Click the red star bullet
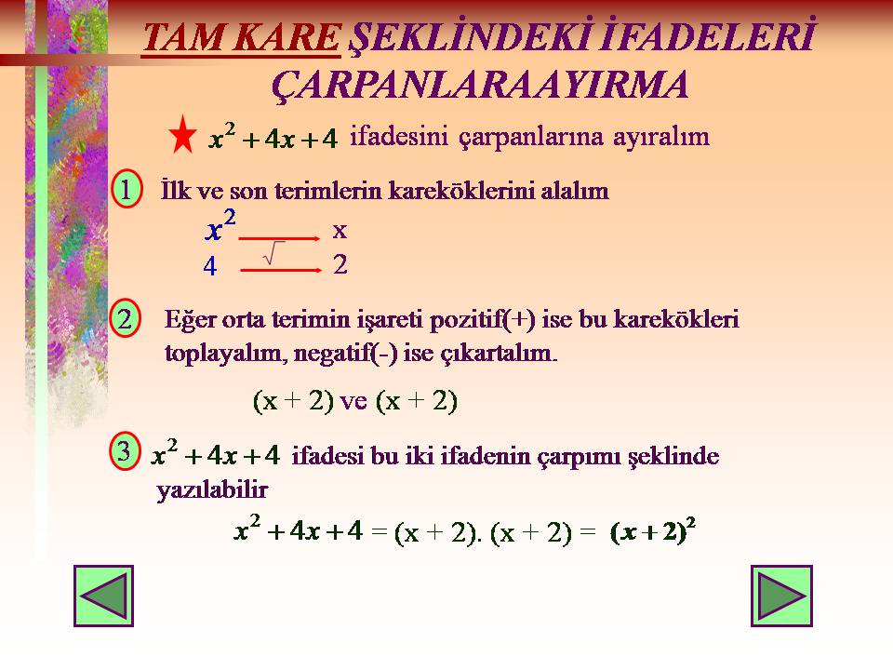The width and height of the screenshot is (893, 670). [182, 135]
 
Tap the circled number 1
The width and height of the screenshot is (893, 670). [126, 189]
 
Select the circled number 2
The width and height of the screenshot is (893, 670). [125, 318]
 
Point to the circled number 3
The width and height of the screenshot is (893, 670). [124, 451]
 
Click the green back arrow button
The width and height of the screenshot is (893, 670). [103, 596]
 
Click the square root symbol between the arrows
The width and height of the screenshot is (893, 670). [273, 253]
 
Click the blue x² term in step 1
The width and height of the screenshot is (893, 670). [220, 225]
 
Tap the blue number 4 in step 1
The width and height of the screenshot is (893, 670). [210, 266]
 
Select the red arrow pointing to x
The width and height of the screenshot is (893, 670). [280, 239]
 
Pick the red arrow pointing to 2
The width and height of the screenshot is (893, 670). [281, 270]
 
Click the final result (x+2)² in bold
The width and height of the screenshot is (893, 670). [653, 530]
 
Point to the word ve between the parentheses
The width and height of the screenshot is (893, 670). [353, 402]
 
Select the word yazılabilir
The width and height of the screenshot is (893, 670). [212, 490]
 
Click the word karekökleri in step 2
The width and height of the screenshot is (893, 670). [676, 319]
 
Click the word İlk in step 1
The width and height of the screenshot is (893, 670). [176, 190]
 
